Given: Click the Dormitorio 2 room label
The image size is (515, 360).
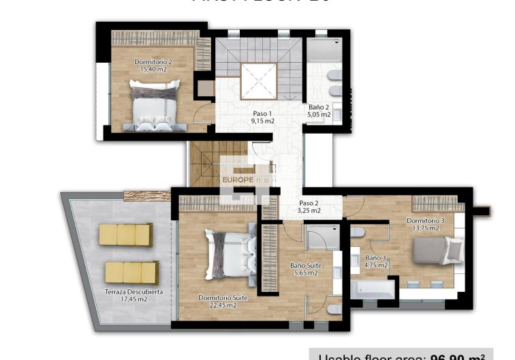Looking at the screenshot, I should click(x=153, y=61).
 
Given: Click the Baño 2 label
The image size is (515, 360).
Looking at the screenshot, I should click(x=319, y=107).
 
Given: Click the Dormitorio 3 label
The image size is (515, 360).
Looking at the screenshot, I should click(x=425, y=220).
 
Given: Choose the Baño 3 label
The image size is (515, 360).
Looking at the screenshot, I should click(x=376, y=258).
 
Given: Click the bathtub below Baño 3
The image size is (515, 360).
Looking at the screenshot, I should click(x=372, y=289).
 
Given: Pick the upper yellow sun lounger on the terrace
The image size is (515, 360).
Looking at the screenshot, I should click(x=126, y=235).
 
